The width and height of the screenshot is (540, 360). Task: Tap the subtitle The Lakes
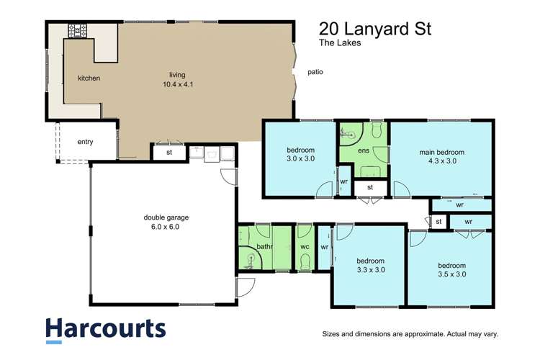point(341,43)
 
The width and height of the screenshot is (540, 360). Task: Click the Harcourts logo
point(106,328)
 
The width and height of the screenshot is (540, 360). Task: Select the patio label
point(314,72)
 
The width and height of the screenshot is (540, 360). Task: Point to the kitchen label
point(89,78)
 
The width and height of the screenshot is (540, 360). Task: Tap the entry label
point(85,142)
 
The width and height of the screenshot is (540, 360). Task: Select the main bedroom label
point(442,152)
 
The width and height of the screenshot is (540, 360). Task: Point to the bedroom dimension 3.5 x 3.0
point(452,274)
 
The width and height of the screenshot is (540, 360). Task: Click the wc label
point(304,247)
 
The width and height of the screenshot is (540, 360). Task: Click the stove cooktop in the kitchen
point(77,31)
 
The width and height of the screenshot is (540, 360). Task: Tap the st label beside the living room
point(169,152)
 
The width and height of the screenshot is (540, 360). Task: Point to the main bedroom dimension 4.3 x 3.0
point(442,161)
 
